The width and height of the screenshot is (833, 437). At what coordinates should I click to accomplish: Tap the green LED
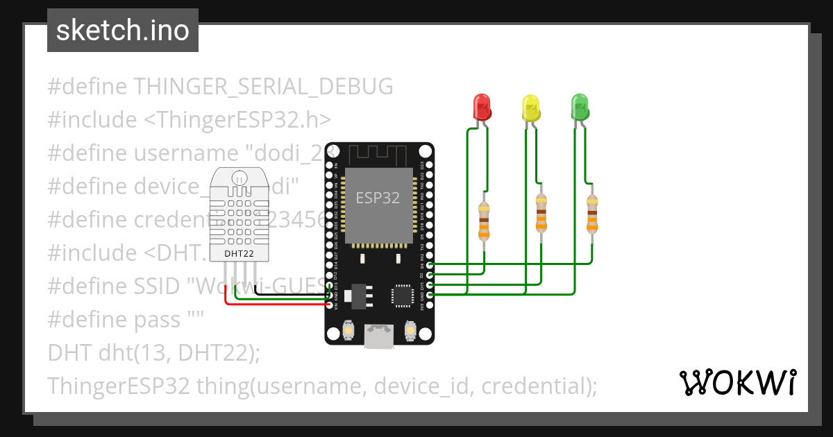point(579,106)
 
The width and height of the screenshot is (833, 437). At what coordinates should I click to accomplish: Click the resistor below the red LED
point(484,221)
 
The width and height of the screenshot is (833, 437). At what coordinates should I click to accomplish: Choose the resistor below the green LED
point(591,213)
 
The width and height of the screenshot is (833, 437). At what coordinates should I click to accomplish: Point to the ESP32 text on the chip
point(378,198)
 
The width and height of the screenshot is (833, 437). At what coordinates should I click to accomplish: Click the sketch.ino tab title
point(123,31)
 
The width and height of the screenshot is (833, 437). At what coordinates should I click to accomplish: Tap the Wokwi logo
point(737,382)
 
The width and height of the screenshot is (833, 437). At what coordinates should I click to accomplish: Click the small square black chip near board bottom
point(403,295)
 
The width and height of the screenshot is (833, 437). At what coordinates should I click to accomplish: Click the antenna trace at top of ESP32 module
point(378,153)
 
